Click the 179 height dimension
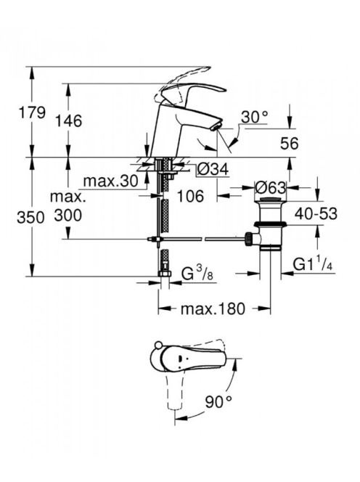pos(32,113)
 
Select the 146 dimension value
pos(68,120)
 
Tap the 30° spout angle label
pos(254,117)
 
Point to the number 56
pos(290,144)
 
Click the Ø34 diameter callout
pos(213,169)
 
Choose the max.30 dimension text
pos(110,181)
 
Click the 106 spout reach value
pos(190,196)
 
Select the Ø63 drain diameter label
pos(271,187)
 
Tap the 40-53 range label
pos(316,213)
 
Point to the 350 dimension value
pos(30,218)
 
